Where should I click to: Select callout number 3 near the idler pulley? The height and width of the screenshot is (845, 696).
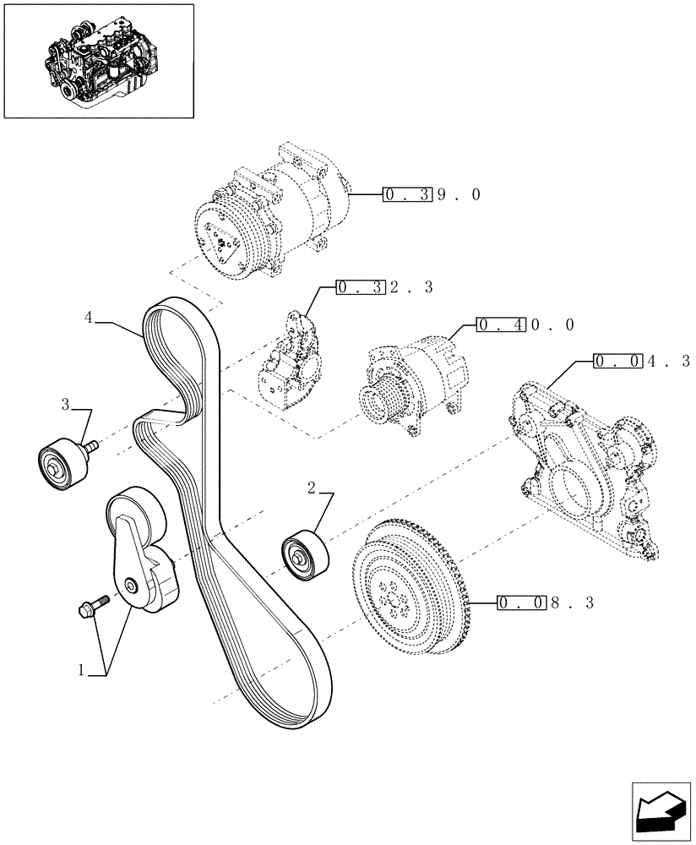(x=65, y=405)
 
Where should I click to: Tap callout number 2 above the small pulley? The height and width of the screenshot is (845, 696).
(x=311, y=488)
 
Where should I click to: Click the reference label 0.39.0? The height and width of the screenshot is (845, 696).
(x=432, y=194)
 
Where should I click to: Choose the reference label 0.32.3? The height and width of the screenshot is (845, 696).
(x=384, y=287)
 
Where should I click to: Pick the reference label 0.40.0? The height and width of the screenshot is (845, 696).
(x=526, y=324)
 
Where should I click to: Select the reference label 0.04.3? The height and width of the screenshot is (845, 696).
(x=642, y=361)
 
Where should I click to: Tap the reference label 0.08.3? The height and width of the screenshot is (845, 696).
(x=546, y=603)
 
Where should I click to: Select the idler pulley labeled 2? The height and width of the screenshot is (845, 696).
(x=302, y=553)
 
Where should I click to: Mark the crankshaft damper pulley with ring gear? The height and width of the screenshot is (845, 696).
(x=410, y=586)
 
